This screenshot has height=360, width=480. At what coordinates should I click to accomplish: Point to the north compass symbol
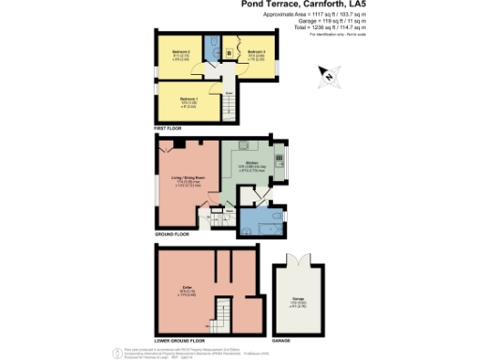click(328, 73)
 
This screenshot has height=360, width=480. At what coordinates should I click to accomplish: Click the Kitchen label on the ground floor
click(252, 162)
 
